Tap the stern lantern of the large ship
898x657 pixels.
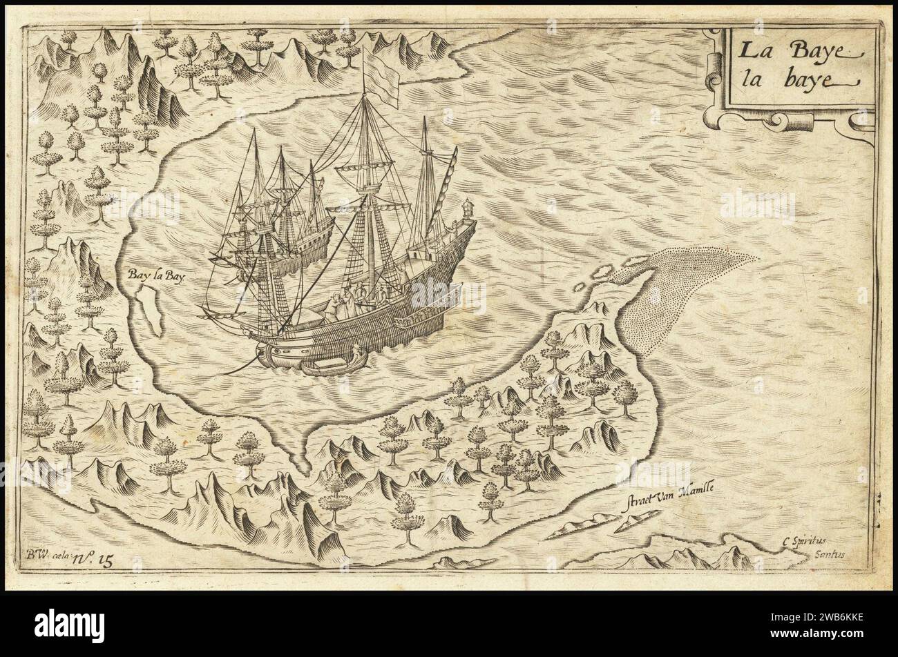468,207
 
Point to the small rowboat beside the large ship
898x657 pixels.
332,363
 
